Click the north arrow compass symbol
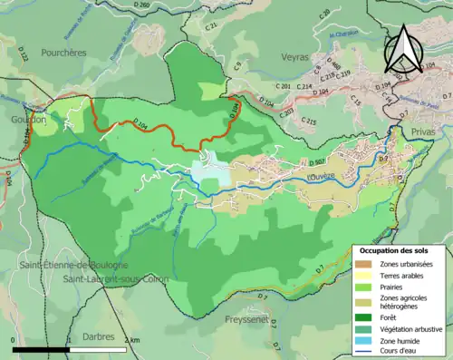(x=405, y=49)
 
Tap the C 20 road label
(x=325, y=14)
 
